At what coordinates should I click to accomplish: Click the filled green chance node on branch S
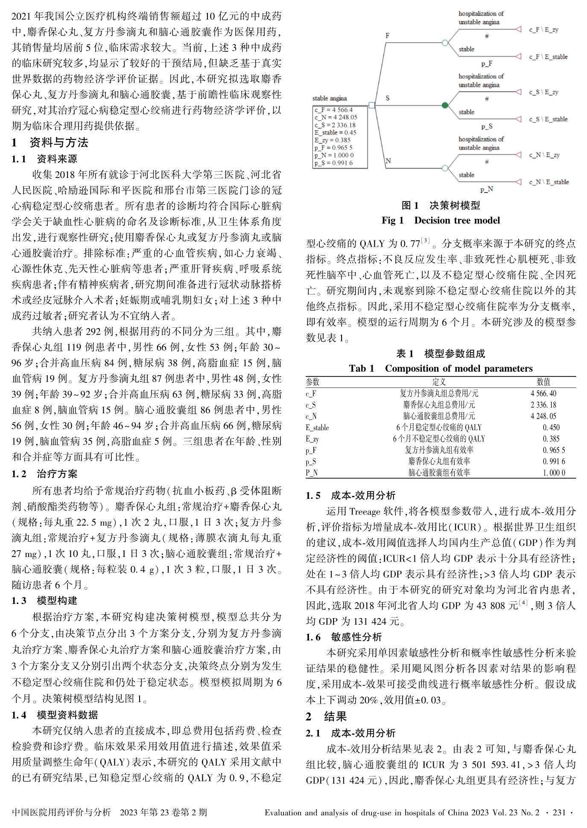pyautogui.click(x=445, y=105)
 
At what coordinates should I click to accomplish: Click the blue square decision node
pyautogui.click(x=371, y=105)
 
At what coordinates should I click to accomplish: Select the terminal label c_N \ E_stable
pyautogui.click(x=549, y=182)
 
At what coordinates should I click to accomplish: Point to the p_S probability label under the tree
pyautogui.click(x=487, y=126)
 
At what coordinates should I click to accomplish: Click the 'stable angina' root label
pyautogui.click(x=330, y=98)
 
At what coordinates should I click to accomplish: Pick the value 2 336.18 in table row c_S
pyautogui.click(x=543, y=405)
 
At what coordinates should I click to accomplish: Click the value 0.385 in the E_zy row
pyautogui.click(x=551, y=438)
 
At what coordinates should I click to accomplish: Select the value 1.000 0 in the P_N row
pyautogui.click(x=554, y=472)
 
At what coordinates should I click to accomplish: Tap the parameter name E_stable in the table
pyautogui.click(x=317, y=427)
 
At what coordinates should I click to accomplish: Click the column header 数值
pyautogui.click(x=543, y=382)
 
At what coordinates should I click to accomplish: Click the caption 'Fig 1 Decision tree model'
pyautogui.click(x=441, y=220)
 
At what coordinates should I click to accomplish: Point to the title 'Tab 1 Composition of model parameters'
pyautogui.click(x=441, y=368)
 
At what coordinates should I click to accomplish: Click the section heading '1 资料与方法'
pyautogui.click(x=50, y=142)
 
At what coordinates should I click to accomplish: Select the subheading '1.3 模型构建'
pyautogui.click(x=44, y=601)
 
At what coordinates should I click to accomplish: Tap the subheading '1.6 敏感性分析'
pyautogui.click(x=344, y=637)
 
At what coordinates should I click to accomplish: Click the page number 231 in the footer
pyautogui.click(x=559, y=813)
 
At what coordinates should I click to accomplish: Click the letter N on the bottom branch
pyautogui.click(x=388, y=161)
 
